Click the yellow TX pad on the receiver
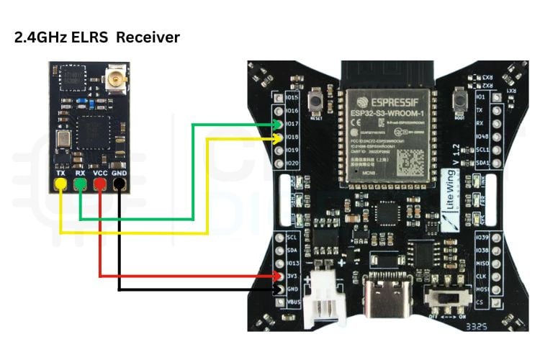[x=61, y=185]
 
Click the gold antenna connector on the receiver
[x=114, y=77]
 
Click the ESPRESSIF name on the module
[x=390, y=99]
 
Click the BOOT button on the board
[x=460, y=105]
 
